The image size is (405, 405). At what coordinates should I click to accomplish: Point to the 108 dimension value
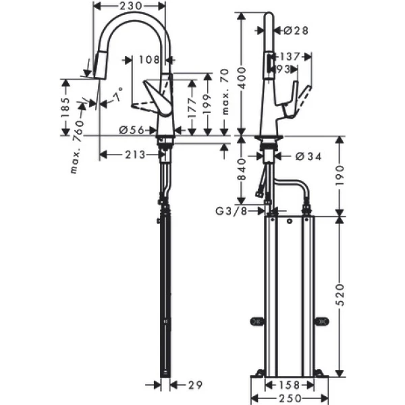(147, 60)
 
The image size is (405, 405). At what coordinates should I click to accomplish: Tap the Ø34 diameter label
(308, 156)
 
